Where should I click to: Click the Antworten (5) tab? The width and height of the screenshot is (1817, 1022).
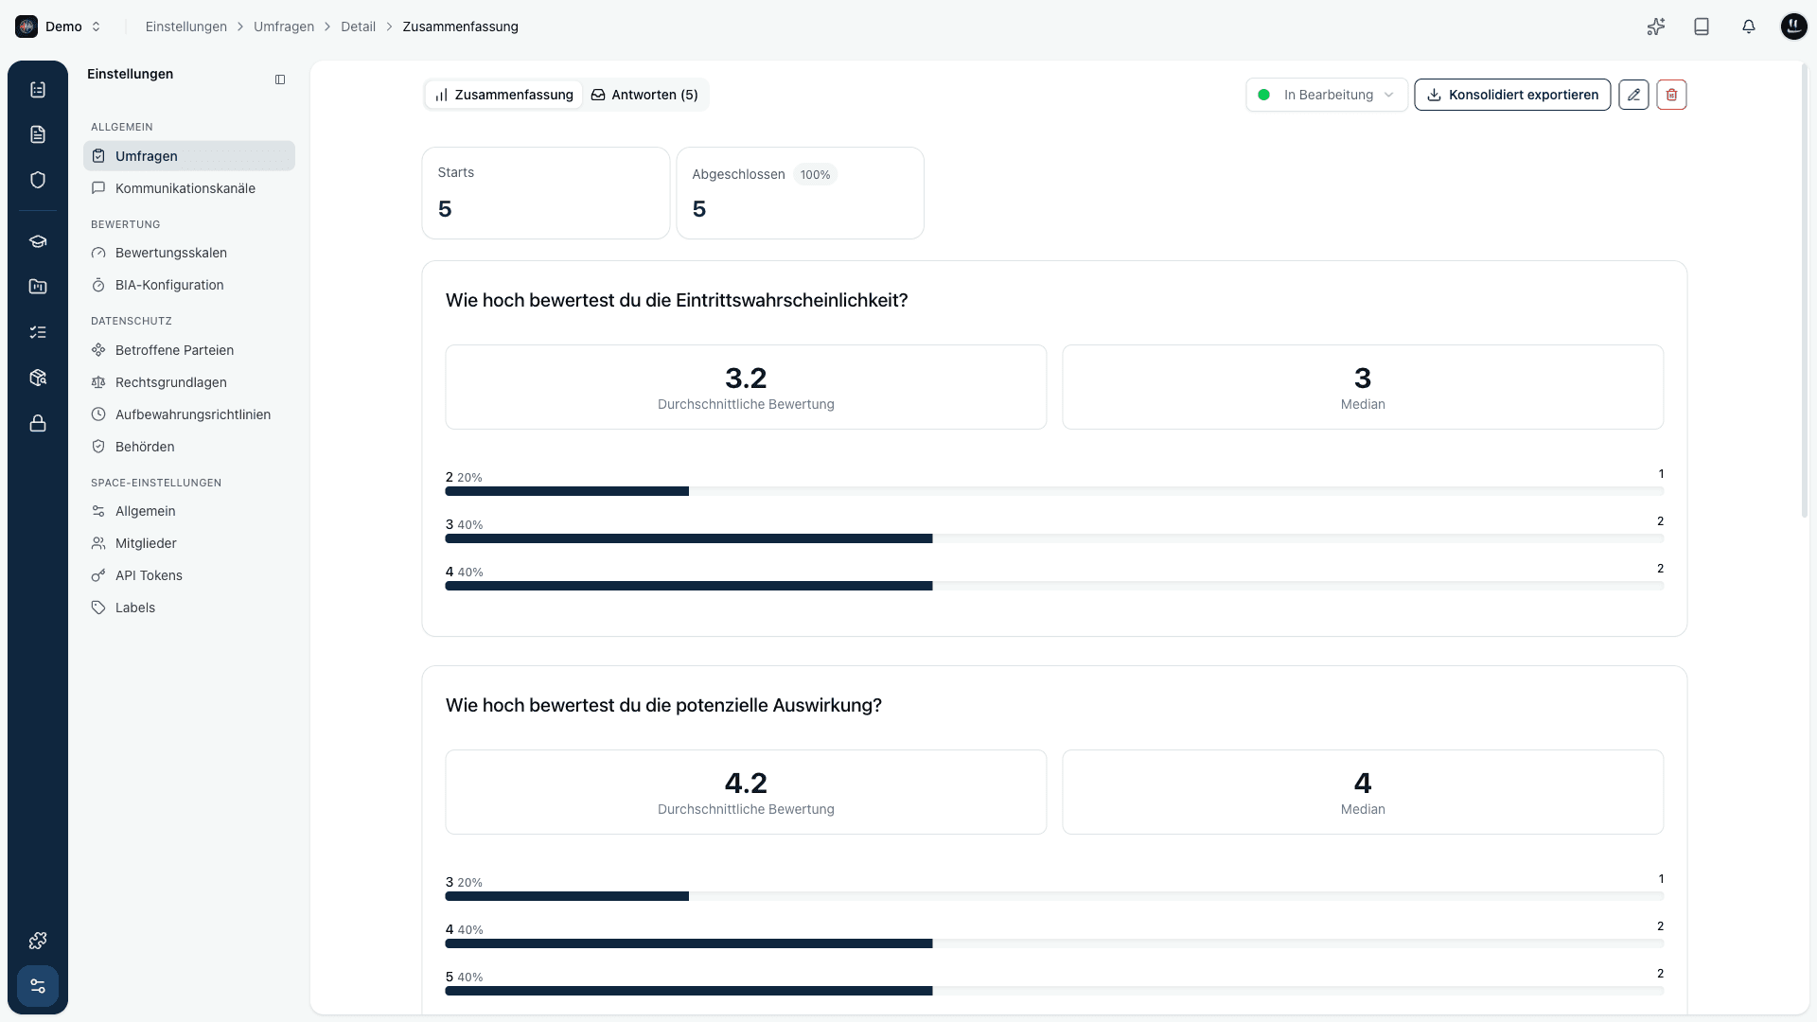pyautogui.click(x=644, y=95)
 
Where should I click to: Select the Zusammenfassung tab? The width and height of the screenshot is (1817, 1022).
pyautogui.click(x=504, y=95)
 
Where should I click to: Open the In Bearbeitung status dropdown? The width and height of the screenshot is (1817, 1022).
pyautogui.click(x=1327, y=95)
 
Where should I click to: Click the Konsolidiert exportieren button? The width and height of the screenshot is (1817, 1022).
pyautogui.click(x=1512, y=95)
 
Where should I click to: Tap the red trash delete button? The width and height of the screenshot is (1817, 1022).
pyautogui.click(x=1671, y=95)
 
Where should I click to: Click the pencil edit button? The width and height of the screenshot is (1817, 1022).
pyautogui.click(x=1633, y=95)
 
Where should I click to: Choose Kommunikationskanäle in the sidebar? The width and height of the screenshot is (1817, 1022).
pyautogui.click(x=185, y=188)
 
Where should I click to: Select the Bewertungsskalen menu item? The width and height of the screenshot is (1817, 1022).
pyautogui.click(x=171, y=253)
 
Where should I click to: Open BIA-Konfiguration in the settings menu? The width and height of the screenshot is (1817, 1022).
pyautogui.click(x=169, y=285)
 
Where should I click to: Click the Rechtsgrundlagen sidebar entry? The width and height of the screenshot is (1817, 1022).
pyautogui.click(x=171, y=382)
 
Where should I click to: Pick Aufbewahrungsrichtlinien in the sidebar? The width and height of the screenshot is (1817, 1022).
pyautogui.click(x=193, y=414)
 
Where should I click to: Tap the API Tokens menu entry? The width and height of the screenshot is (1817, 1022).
pyautogui.click(x=149, y=575)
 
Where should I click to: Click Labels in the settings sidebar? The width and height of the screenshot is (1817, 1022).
pyautogui.click(x=135, y=608)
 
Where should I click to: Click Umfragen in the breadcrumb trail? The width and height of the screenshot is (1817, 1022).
pyautogui.click(x=284, y=26)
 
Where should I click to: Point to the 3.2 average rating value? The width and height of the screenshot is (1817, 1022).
pyautogui.click(x=746, y=379)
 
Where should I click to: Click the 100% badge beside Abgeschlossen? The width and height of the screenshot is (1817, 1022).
pyautogui.click(x=815, y=175)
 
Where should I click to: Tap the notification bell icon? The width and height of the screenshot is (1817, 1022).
pyautogui.click(x=1749, y=26)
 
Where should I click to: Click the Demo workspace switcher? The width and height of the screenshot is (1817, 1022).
pyautogui.click(x=59, y=26)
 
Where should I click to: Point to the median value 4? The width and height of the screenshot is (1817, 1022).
pyautogui.click(x=1363, y=784)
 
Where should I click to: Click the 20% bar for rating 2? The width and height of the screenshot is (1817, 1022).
pyautogui.click(x=567, y=491)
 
